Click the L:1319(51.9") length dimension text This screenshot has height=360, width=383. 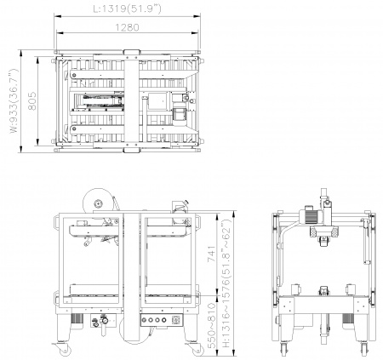(x=128, y=9)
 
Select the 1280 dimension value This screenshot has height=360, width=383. (x=128, y=27)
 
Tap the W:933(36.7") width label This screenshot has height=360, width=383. (x=14, y=100)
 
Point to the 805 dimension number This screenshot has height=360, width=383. (x=32, y=100)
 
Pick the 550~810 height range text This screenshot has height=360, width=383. (x=212, y=325)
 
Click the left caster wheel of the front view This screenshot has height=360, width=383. (x=65, y=351)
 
